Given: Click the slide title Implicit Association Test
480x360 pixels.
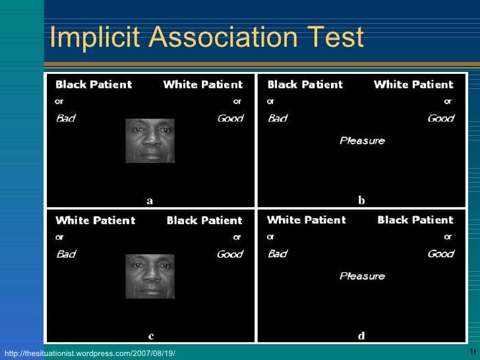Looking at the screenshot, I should tap(206, 38).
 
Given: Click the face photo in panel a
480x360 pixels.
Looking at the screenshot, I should tap(150, 140).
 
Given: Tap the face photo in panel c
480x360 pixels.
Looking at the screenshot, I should tap(150, 276).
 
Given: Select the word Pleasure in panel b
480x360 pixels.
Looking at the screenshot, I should tap(362, 140).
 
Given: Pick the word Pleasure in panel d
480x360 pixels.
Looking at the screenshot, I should tap(362, 276).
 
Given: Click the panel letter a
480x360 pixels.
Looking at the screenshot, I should tap(150, 201).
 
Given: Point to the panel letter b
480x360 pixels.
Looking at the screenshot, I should tap(361, 200).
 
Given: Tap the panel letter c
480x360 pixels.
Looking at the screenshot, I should tap(151, 336).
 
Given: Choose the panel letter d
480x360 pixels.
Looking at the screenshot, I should tap(361, 336).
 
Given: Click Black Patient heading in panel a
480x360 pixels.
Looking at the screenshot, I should tap(94, 84).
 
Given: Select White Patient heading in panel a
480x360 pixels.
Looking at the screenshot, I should tap(203, 84).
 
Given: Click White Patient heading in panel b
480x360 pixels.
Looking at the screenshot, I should tap(413, 84).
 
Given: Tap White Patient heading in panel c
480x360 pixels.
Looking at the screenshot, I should tap(95, 220).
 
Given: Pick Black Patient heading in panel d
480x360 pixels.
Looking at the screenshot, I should tap(415, 220).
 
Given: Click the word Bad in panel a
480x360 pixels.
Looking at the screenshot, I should tap(66, 119).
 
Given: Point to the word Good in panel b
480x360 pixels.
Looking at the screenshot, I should tap(440, 119).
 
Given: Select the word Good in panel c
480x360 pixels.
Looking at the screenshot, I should tap(229, 254).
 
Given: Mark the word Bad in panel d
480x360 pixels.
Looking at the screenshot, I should tap(277, 254).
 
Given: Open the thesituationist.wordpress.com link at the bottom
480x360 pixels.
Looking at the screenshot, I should tap(89, 354).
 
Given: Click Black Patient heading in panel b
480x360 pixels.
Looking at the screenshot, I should tap(305, 84).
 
